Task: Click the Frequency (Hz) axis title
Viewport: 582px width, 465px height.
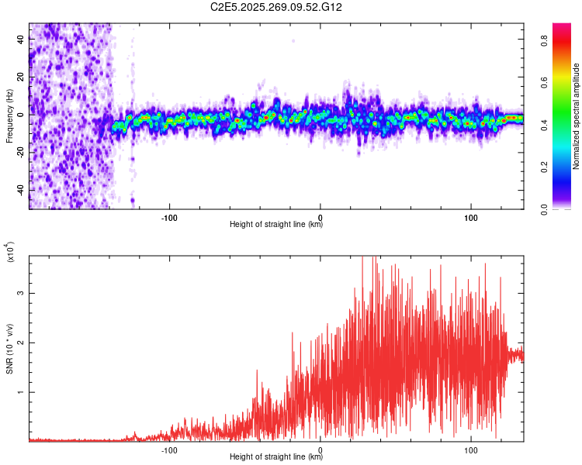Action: click(x=9, y=115)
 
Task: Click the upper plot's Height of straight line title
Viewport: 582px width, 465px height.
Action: click(x=275, y=224)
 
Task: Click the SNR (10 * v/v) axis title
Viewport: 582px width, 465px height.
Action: click(x=9, y=349)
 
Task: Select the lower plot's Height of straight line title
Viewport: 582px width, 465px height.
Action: click(x=275, y=456)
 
